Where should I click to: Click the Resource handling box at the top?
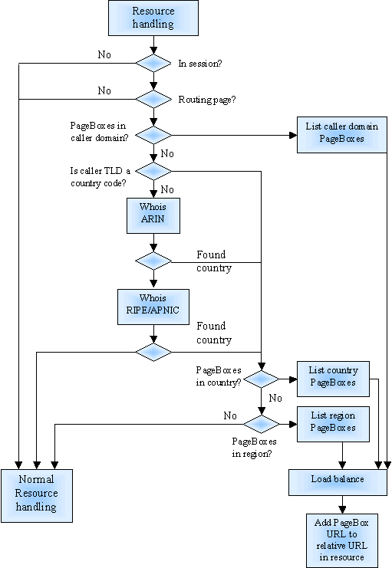[x=153, y=18]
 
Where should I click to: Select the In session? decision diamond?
[x=153, y=64]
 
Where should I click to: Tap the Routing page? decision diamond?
[x=153, y=99]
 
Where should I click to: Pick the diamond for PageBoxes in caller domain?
[x=153, y=135]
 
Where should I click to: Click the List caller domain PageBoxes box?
[x=342, y=135]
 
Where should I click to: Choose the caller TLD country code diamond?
[x=153, y=171]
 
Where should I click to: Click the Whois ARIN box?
[x=153, y=215]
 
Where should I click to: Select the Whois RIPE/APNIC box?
[x=153, y=307]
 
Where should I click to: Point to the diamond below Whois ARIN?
[x=153, y=261]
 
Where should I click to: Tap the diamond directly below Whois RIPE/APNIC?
[x=153, y=352]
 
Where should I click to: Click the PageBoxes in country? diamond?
[x=261, y=379]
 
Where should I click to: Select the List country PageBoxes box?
[x=333, y=379]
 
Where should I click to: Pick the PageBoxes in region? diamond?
[x=261, y=424]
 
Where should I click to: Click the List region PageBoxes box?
[x=333, y=424]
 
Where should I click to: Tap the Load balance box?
[x=338, y=482]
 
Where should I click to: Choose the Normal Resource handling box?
[x=37, y=496]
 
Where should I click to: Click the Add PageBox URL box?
[x=342, y=540]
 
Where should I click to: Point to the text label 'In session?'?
[x=199, y=64]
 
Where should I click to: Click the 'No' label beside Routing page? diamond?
[x=104, y=90]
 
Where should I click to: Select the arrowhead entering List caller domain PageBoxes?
[x=293, y=135]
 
